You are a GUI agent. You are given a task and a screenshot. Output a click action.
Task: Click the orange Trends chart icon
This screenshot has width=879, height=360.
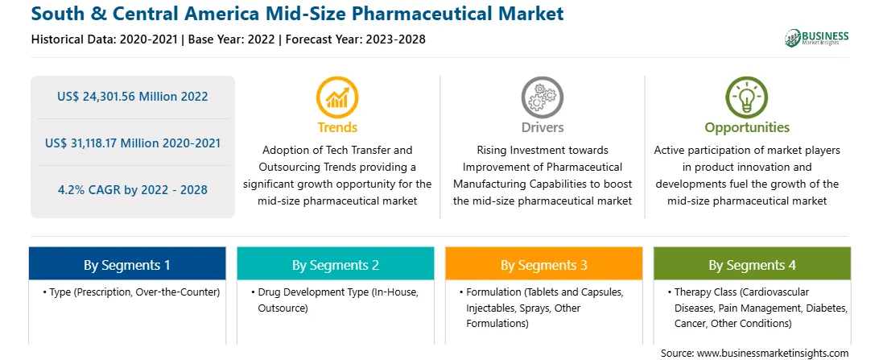coord(337,97)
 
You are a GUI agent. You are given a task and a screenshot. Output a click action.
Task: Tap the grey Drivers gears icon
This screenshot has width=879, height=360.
coord(542,97)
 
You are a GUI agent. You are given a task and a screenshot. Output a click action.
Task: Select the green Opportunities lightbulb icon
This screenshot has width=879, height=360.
coord(747,97)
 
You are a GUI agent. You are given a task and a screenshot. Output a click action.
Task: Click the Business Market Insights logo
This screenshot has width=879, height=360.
coord(816,38)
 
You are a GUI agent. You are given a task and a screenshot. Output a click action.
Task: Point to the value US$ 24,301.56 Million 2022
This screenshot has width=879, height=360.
coord(132,97)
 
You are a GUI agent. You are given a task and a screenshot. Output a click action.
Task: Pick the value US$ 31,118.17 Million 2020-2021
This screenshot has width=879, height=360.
coord(132,143)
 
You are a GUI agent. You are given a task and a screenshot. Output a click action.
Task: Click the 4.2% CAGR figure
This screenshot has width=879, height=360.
coord(132,189)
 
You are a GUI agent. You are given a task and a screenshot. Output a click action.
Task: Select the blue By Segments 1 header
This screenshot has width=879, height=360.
coord(127,265)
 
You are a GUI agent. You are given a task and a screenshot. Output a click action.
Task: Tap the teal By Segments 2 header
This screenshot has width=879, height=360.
coord(335,265)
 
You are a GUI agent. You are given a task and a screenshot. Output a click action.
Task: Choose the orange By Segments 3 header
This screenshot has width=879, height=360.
coord(544,265)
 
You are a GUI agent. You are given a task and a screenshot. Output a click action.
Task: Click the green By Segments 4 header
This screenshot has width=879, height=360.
coord(752,265)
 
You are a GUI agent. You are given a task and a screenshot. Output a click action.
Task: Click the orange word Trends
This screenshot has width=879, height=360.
coord(337,127)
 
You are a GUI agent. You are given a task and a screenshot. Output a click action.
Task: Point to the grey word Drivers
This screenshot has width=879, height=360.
coord(542,127)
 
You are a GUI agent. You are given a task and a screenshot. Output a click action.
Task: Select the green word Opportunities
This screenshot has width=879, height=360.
coord(747,127)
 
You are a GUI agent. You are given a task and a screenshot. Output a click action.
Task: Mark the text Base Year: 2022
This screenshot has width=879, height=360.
coord(232,39)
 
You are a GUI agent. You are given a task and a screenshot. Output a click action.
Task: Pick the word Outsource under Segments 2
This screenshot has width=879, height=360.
coord(283,308)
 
